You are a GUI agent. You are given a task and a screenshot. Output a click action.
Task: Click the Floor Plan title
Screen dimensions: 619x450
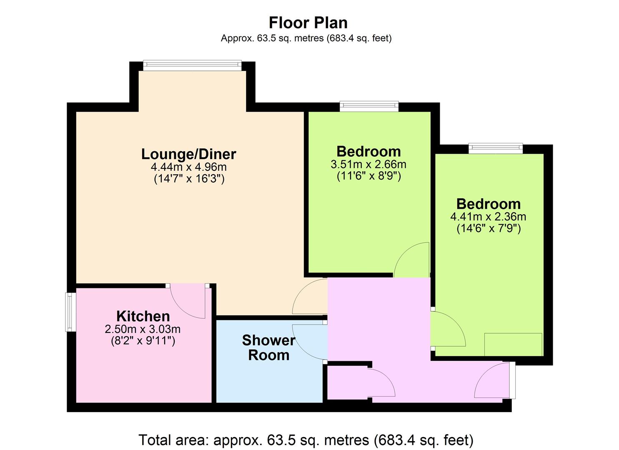point(308,22)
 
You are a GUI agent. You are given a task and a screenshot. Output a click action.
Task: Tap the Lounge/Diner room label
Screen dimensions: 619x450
point(189,154)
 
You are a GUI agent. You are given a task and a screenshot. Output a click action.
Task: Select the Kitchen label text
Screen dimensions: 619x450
point(143,316)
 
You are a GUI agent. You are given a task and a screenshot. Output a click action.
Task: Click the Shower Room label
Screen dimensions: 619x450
point(268,347)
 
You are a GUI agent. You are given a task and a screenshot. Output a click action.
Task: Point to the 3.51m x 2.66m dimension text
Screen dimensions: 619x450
point(368,164)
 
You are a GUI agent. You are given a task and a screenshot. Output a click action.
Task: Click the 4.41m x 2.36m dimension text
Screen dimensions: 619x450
point(488,217)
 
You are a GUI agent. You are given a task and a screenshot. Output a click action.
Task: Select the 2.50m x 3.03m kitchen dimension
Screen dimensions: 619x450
point(143,329)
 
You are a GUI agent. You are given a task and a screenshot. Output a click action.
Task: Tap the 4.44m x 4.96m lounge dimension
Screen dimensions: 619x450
point(189,167)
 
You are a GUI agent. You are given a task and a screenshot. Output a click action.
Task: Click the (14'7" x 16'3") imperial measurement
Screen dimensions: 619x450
point(189,179)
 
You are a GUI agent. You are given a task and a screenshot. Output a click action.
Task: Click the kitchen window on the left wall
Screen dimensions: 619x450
point(70,312)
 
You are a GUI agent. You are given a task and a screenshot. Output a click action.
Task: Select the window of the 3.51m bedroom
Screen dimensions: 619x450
point(369,106)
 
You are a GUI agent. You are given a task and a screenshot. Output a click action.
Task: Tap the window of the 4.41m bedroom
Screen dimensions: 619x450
point(496,148)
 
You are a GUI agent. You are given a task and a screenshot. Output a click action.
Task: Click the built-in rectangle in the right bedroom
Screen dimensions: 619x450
point(513,345)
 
